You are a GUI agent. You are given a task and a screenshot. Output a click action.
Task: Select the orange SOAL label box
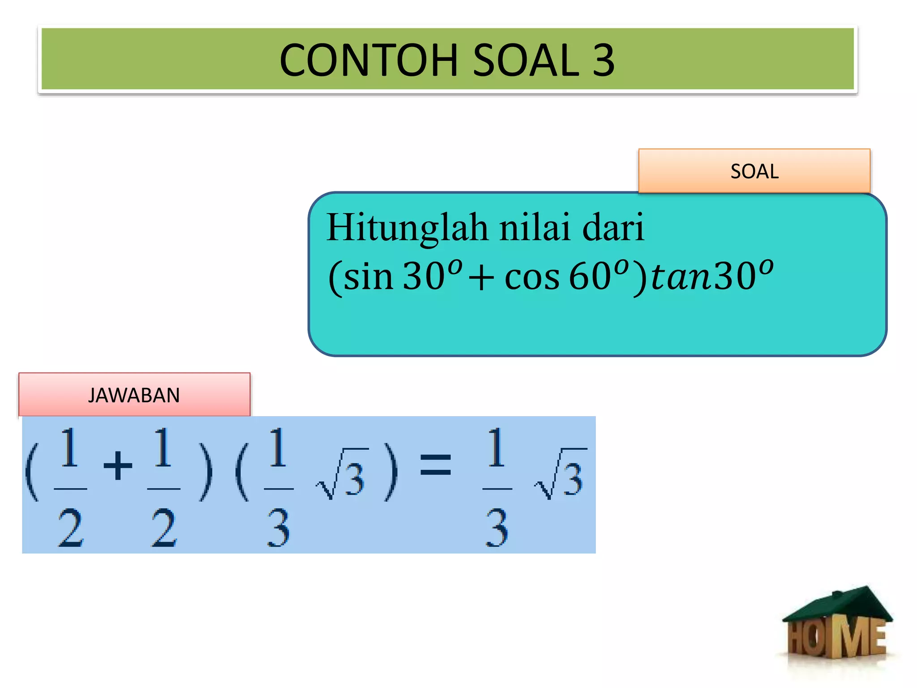(754, 171)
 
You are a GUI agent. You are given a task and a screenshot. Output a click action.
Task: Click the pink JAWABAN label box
(134, 395)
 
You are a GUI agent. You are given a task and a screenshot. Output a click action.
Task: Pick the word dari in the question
(613, 228)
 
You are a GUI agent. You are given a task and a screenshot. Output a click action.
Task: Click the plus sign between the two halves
(117, 466)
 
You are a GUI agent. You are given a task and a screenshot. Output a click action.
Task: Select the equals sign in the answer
(435, 464)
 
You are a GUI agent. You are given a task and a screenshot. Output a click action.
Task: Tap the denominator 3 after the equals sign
(497, 529)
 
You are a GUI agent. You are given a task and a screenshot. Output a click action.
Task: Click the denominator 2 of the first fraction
(70, 529)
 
